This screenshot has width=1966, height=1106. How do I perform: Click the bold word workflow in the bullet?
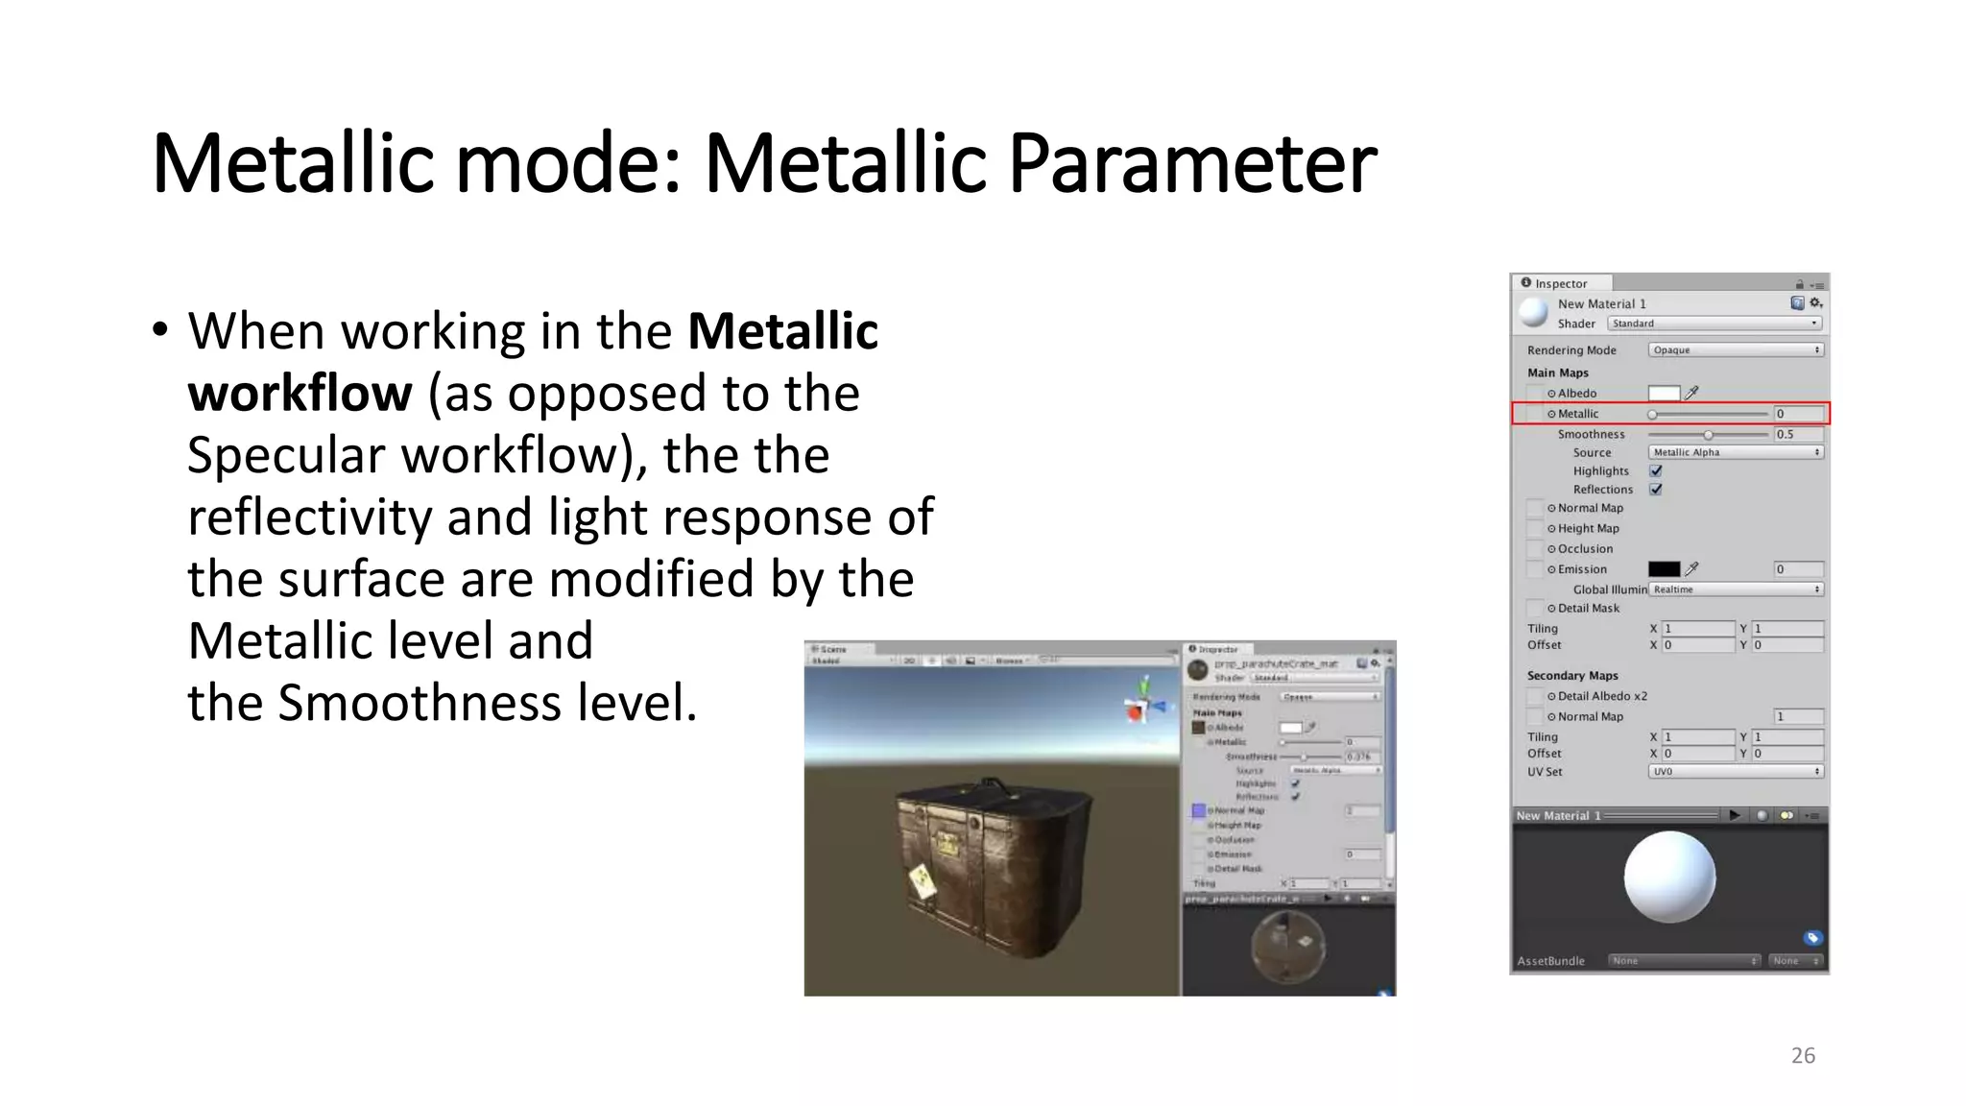[300, 393]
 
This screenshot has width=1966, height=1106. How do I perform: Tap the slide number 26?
[1803, 1055]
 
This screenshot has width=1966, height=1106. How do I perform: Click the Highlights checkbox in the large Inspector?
[1656, 470]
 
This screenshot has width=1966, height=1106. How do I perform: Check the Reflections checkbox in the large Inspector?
[1656, 489]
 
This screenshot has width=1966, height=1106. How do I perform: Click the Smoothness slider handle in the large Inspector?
[1708, 435]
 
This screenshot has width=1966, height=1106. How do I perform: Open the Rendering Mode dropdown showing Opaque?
[1735, 350]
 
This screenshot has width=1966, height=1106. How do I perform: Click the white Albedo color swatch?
[1664, 393]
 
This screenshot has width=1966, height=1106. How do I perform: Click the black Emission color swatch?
[1664, 569]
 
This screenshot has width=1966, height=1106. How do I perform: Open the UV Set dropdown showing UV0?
[1735, 772]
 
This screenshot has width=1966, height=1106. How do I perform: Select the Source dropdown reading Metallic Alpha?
[1735, 452]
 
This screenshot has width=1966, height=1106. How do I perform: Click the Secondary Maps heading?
[1571, 676]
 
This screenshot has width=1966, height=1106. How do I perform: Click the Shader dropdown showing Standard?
[1714, 324]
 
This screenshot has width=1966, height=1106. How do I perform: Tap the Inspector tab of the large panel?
[1560, 283]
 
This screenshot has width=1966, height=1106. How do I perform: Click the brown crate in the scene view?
[989, 864]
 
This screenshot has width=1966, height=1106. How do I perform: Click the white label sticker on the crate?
[922, 881]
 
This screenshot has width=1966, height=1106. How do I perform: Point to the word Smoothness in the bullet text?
[420, 703]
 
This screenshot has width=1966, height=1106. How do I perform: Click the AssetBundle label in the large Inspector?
[1550, 961]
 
